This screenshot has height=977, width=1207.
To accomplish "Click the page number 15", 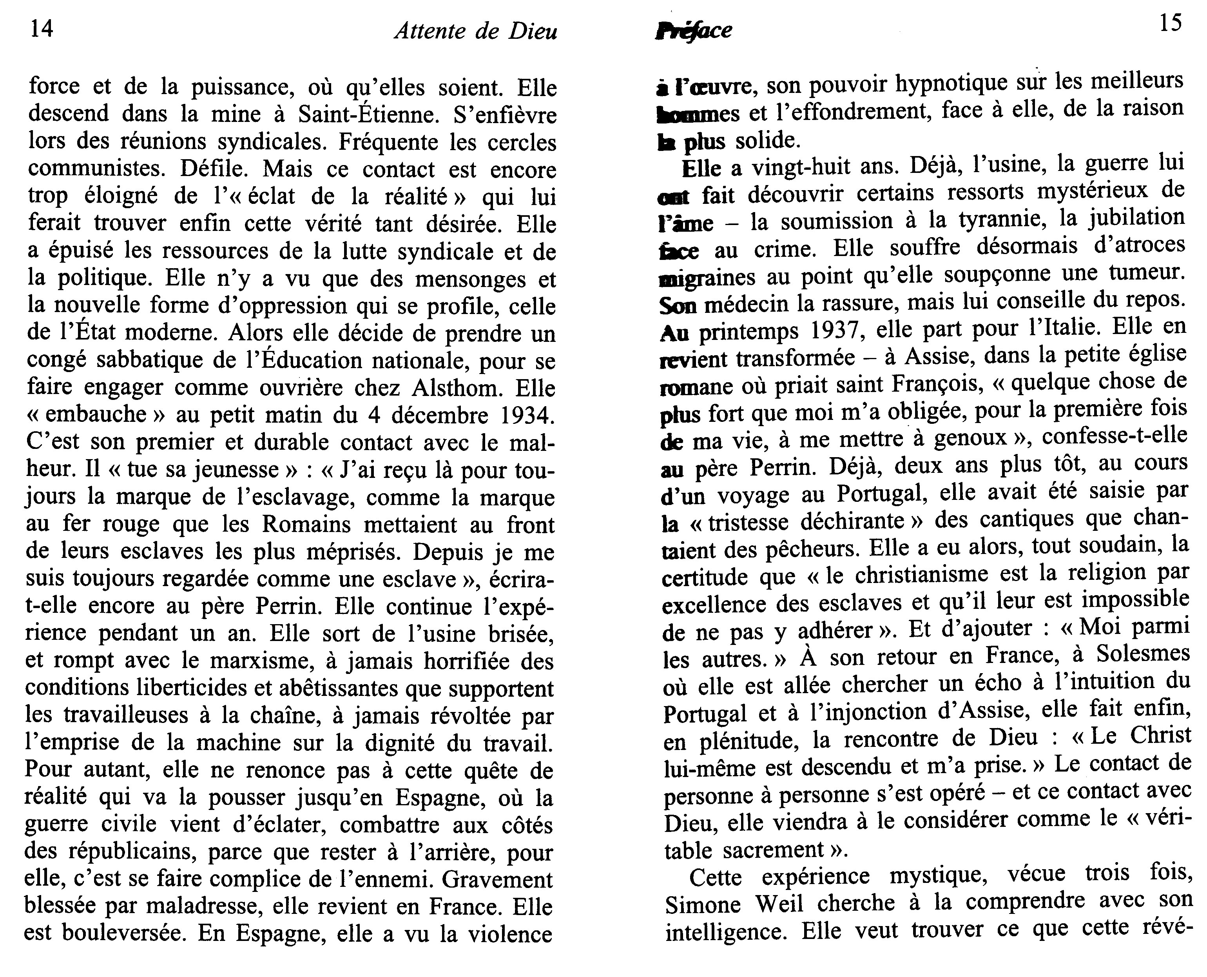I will [x=1171, y=24].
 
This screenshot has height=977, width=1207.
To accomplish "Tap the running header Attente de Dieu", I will [x=476, y=31].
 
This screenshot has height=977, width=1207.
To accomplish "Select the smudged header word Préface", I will [x=694, y=31].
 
